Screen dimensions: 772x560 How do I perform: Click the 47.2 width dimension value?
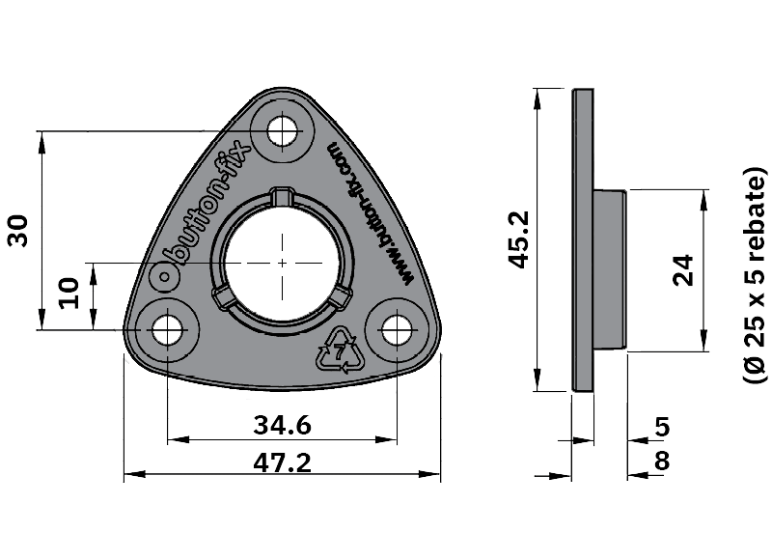tap(282, 463)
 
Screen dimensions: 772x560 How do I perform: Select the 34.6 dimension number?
tap(282, 425)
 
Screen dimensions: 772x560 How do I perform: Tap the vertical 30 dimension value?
tap(18, 231)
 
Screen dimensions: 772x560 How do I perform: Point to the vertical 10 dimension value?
tap(69, 294)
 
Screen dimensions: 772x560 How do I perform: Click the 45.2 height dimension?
tap(518, 239)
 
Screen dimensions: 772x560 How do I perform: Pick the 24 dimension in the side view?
tap(683, 270)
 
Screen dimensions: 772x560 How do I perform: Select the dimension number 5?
tap(662, 427)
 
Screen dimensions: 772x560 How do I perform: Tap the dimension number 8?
tap(662, 461)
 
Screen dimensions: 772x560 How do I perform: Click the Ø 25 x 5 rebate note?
tap(756, 275)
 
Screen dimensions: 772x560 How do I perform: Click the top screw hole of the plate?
tap(283, 131)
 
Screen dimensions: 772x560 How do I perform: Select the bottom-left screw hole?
tap(167, 330)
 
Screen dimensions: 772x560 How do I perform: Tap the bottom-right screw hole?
tap(397, 330)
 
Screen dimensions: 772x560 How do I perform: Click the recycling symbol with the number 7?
tap(341, 350)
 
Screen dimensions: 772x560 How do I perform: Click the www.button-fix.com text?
tap(369, 213)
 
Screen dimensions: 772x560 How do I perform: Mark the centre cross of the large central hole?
tap(282, 263)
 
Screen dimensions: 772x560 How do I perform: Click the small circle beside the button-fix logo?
tap(165, 277)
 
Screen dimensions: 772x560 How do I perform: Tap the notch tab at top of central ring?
tap(282, 195)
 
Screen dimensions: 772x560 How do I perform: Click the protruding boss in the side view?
tap(610, 270)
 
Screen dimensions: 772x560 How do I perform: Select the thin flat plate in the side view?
tap(583, 239)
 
